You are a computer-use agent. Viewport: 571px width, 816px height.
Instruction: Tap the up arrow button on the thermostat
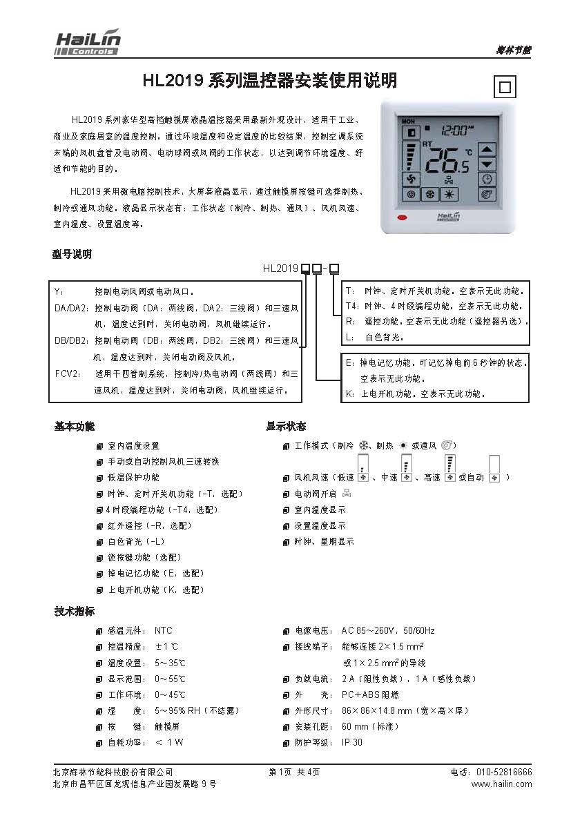coord(487,148)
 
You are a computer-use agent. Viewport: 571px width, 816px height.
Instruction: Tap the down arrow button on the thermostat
coord(487,164)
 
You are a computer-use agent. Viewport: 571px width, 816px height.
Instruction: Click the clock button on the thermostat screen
coord(487,179)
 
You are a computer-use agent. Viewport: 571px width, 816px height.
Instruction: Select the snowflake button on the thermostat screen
coord(430,195)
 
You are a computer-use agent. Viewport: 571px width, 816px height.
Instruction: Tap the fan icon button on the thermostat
coord(410,179)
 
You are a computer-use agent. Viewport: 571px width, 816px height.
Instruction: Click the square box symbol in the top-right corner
coord(505,88)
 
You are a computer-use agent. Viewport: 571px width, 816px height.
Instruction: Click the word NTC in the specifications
coord(164,630)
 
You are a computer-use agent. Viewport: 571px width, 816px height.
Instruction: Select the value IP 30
coord(351,742)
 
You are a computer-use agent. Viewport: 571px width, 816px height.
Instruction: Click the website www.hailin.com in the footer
coord(501,784)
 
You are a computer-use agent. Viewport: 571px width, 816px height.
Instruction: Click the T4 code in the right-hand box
coord(351,305)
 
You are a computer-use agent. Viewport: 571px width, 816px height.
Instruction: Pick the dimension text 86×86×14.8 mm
coord(377,710)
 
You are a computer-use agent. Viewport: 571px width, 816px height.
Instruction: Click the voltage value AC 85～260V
coord(368,630)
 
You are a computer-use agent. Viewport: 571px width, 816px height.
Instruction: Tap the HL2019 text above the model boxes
coord(280,268)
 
